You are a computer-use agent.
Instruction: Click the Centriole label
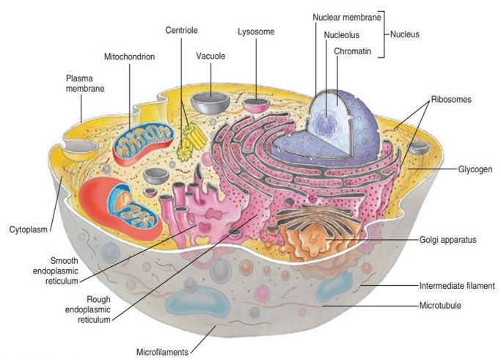coord(181,31)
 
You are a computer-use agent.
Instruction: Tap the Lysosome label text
coord(255,32)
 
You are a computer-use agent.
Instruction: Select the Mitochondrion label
coord(129,56)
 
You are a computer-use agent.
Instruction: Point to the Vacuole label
coord(211,56)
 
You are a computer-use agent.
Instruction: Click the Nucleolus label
coord(341,34)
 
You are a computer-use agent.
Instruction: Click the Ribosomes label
coord(450,99)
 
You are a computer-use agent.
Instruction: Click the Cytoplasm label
coord(29,229)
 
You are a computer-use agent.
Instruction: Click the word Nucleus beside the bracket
coord(405,34)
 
